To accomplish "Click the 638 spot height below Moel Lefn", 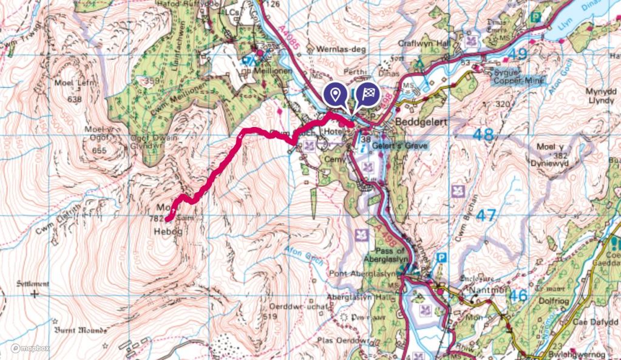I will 75,100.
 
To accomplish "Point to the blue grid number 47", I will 486,215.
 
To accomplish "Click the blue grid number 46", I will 518,296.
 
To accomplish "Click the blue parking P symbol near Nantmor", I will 441,257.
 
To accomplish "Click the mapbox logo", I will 30,348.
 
